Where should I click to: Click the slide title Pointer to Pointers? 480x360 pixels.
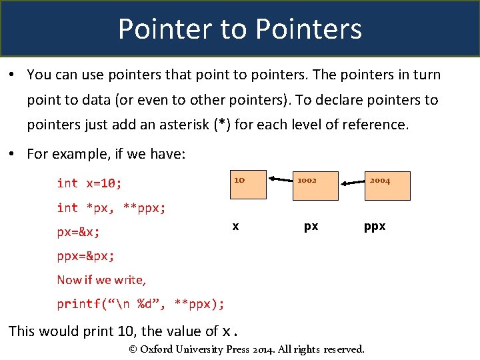click(240, 29)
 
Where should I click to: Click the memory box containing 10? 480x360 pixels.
click(248, 185)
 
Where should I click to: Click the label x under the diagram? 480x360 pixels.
click(235, 227)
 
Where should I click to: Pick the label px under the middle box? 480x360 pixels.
click(311, 227)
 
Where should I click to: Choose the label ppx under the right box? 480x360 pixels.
click(375, 227)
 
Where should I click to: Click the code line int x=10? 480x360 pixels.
click(89, 183)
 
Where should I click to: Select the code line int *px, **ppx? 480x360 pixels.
click(111, 208)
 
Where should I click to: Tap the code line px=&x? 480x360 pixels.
click(79, 233)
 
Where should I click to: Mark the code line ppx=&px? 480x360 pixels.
click(85, 257)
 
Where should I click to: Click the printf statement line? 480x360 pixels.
click(141, 304)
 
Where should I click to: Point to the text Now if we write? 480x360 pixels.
click(101, 280)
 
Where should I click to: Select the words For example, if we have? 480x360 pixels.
click(106, 154)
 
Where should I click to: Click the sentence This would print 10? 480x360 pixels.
click(123, 331)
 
